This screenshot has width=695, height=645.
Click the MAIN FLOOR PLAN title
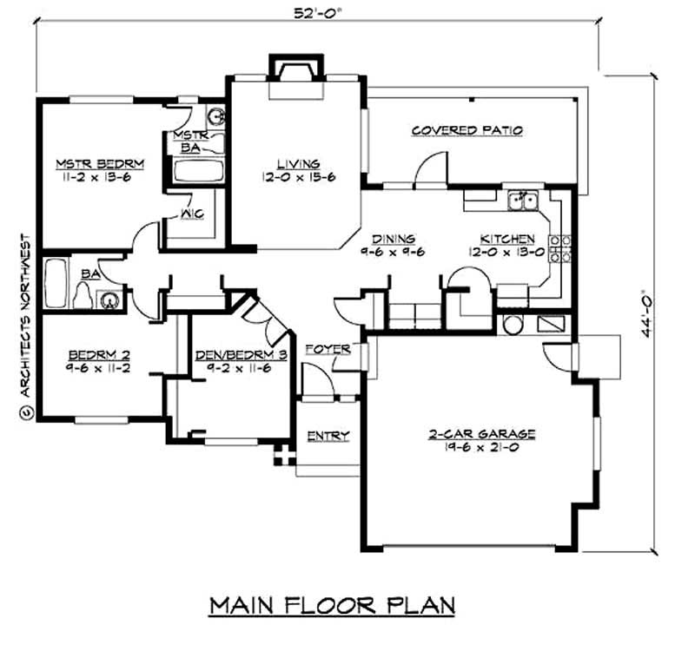(x=332, y=604)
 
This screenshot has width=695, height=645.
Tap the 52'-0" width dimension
(x=317, y=11)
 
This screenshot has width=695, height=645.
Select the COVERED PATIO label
(x=467, y=131)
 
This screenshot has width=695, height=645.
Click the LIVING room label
(x=298, y=163)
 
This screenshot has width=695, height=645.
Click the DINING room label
(x=394, y=238)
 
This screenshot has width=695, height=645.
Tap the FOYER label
(x=328, y=349)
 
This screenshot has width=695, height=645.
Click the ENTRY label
(x=328, y=436)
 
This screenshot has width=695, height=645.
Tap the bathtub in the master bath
(x=198, y=170)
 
